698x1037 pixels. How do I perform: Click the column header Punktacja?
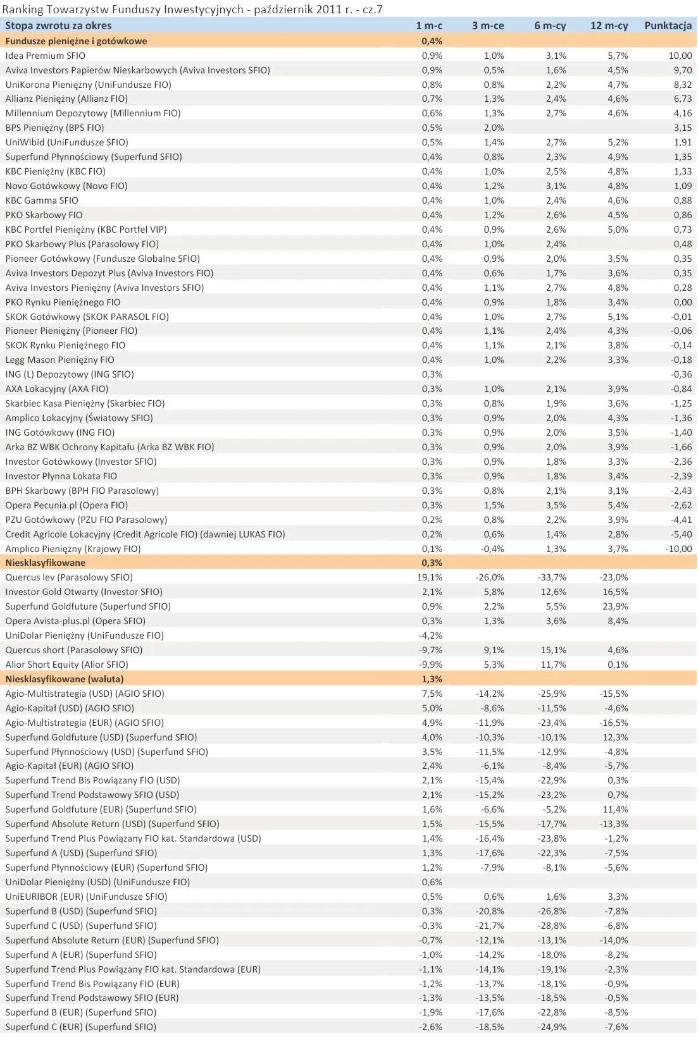tap(668, 26)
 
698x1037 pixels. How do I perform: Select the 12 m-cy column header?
tap(609, 26)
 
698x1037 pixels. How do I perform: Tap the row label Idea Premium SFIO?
tap(45, 56)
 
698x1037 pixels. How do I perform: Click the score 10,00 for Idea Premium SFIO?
tap(680, 56)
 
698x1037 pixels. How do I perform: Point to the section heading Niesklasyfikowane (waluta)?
tap(64, 679)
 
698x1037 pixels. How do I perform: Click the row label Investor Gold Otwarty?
tap(84, 592)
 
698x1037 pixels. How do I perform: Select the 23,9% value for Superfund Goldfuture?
tap(615, 606)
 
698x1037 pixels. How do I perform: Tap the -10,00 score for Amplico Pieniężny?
tap(678, 549)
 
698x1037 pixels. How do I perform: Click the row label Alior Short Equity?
tap(66, 665)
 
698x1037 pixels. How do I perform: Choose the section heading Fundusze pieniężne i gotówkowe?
tap(76, 41)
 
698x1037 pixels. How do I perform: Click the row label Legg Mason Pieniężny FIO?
tap(59, 360)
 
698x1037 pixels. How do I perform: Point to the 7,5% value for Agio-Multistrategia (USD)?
tap(432, 694)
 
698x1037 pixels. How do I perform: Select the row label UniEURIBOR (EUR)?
tap(86, 897)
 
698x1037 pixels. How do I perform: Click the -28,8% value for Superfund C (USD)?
tap(552, 926)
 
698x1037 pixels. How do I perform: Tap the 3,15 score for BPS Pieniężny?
tap(683, 128)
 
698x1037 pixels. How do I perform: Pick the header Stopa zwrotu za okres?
tap(58, 26)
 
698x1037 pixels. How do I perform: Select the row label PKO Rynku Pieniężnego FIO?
tap(63, 302)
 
